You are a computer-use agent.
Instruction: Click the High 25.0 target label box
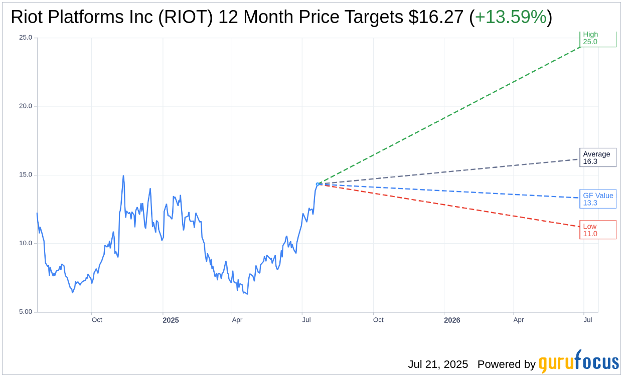pos(597,39)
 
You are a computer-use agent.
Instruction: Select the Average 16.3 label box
pos(597,157)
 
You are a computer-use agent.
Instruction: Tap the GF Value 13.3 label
pos(597,199)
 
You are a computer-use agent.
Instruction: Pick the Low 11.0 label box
pos(597,230)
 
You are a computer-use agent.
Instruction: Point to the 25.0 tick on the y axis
pos(25,38)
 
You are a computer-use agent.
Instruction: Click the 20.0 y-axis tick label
pos(25,106)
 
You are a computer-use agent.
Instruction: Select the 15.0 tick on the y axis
pos(25,175)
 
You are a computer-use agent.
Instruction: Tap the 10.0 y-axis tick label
pos(25,243)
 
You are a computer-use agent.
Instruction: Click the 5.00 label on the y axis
pos(25,312)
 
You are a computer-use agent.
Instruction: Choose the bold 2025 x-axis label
pos(171,320)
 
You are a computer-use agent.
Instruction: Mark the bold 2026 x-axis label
pos(452,320)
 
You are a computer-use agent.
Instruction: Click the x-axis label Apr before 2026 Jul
pos(518,320)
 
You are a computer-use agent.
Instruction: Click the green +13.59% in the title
pos(510,18)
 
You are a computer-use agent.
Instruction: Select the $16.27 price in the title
pos(435,18)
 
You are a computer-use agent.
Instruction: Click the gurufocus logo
pos(578,362)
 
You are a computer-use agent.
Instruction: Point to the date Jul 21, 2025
pos(437,364)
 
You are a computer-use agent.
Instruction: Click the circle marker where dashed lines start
pos(318,184)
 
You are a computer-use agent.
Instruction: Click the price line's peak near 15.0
pos(123,176)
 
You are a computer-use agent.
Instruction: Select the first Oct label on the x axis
pos(97,320)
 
